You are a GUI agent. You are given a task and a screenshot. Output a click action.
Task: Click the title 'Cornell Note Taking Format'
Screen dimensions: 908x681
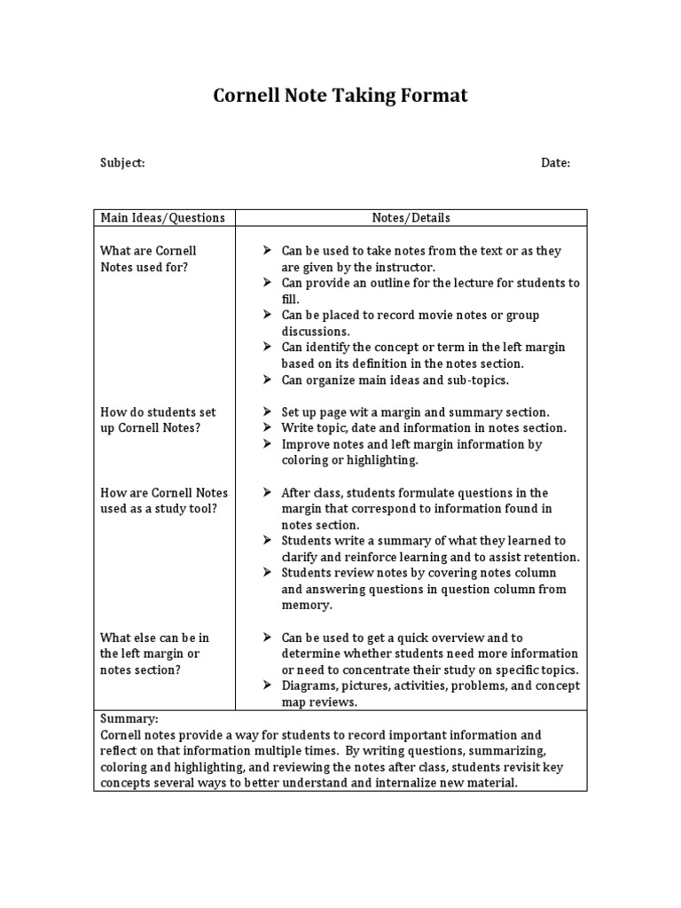[340, 96]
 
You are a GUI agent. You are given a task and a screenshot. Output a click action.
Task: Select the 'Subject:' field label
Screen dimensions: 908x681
[121, 163]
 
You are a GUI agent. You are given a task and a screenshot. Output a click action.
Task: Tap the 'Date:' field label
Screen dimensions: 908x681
[555, 163]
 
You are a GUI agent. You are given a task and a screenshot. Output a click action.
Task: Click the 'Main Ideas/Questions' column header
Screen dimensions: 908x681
[162, 218]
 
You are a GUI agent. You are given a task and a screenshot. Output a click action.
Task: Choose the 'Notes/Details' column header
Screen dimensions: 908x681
[411, 218]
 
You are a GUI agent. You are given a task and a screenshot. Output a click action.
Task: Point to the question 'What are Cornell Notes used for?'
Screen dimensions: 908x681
[148, 259]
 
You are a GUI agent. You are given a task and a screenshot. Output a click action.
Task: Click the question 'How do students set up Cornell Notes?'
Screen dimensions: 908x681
[157, 420]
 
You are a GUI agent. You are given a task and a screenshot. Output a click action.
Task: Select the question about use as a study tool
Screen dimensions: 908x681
[163, 501]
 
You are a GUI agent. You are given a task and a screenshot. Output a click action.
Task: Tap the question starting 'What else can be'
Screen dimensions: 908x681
[154, 654]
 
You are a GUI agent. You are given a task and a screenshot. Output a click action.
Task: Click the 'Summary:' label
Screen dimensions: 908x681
[129, 719]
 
